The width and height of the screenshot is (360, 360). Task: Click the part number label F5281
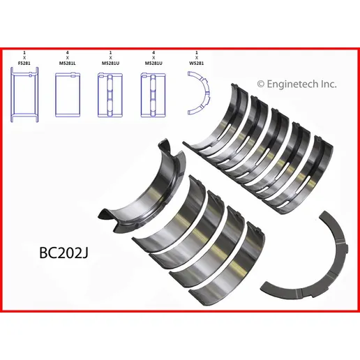pos(24,63)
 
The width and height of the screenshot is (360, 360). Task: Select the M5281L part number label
pos(68,63)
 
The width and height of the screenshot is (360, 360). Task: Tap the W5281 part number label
pos(197,63)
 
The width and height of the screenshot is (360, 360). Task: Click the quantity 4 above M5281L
pos(68,53)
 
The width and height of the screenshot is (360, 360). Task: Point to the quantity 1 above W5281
pos(197,53)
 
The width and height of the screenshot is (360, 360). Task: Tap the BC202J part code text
pos(63,253)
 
